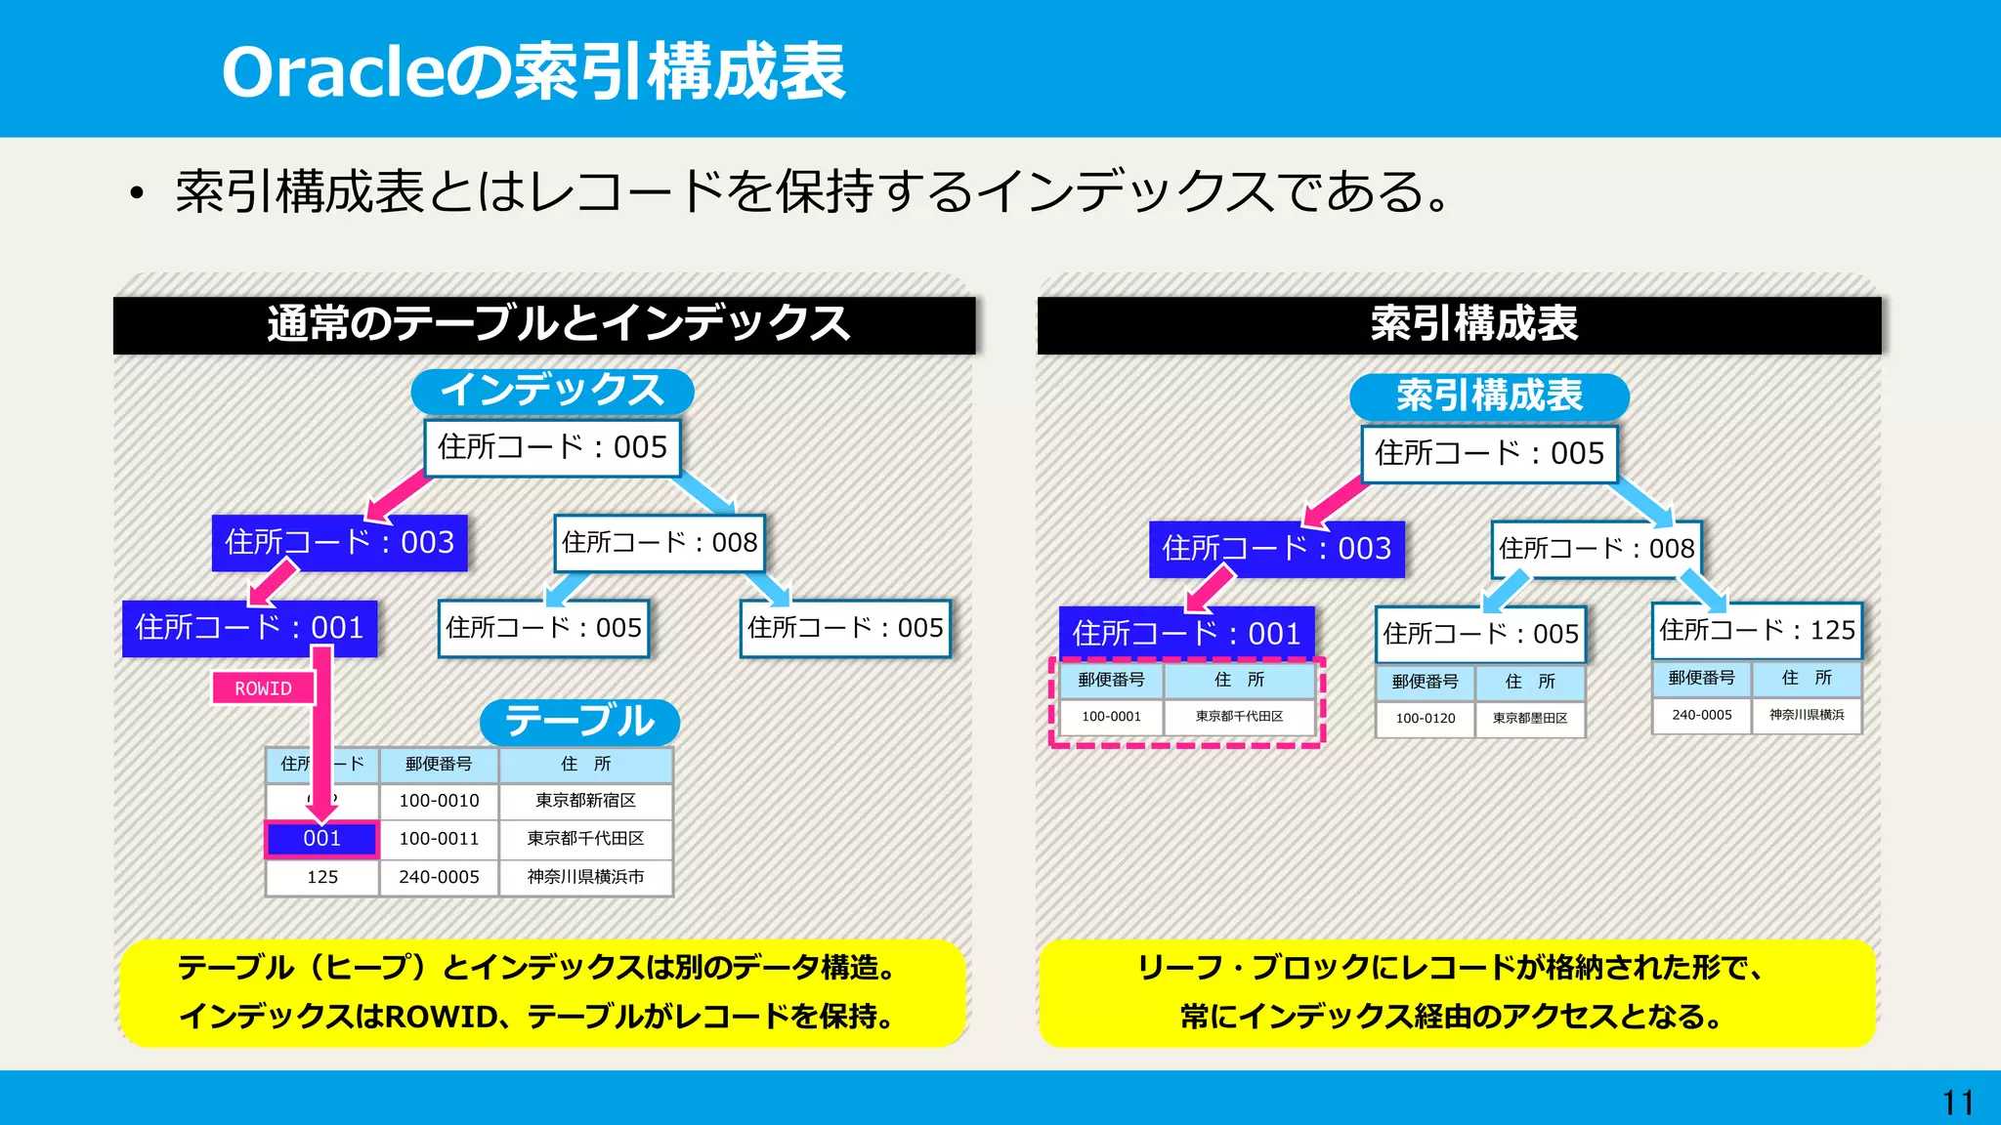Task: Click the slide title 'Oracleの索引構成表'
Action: tap(533, 72)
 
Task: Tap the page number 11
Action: tap(1957, 1104)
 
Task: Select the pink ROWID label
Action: tap(263, 688)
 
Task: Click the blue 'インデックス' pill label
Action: tap(552, 391)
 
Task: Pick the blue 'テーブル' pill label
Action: tap(579, 722)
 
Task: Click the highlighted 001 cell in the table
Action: tap(321, 839)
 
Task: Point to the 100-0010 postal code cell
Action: tap(439, 801)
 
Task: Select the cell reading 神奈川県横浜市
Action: tap(585, 877)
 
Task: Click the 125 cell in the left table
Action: tap(321, 877)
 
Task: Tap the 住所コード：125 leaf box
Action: tap(1757, 631)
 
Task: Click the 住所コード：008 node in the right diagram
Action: tap(1597, 549)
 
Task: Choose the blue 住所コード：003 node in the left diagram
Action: tap(339, 543)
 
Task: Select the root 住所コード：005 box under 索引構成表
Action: tap(1489, 454)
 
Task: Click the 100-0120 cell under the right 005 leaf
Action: tap(1425, 719)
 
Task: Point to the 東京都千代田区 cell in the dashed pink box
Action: tap(1239, 717)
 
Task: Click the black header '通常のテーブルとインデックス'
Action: tap(544, 324)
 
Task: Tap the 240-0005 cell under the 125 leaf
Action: tap(1701, 715)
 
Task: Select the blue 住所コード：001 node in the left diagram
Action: tap(249, 628)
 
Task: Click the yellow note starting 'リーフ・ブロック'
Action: tap(1456, 992)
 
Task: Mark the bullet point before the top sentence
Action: tap(137, 193)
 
